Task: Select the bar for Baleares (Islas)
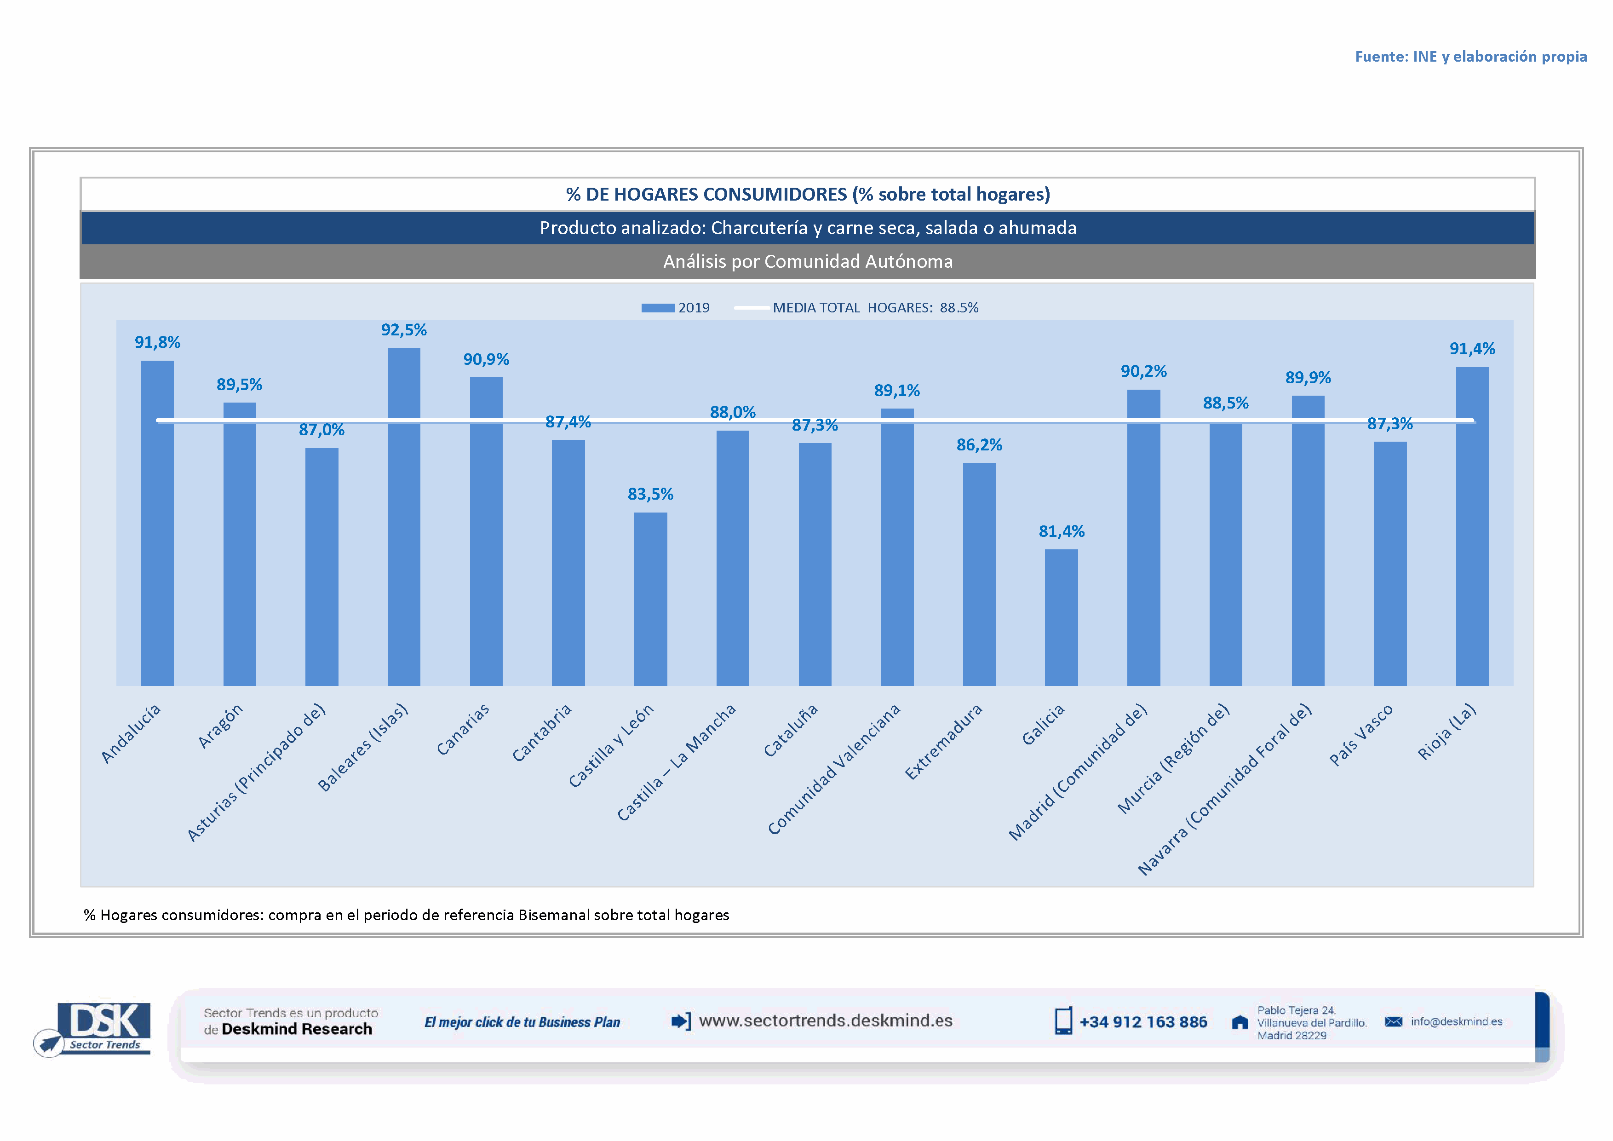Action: [404, 516]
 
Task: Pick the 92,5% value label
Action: [404, 329]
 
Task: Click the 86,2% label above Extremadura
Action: [979, 445]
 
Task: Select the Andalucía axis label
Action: [132, 733]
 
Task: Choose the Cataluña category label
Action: [791, 731]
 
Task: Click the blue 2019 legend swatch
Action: [658, 308]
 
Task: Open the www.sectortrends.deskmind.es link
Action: [826, 1021]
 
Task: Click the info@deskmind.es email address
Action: [1456, 1021]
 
